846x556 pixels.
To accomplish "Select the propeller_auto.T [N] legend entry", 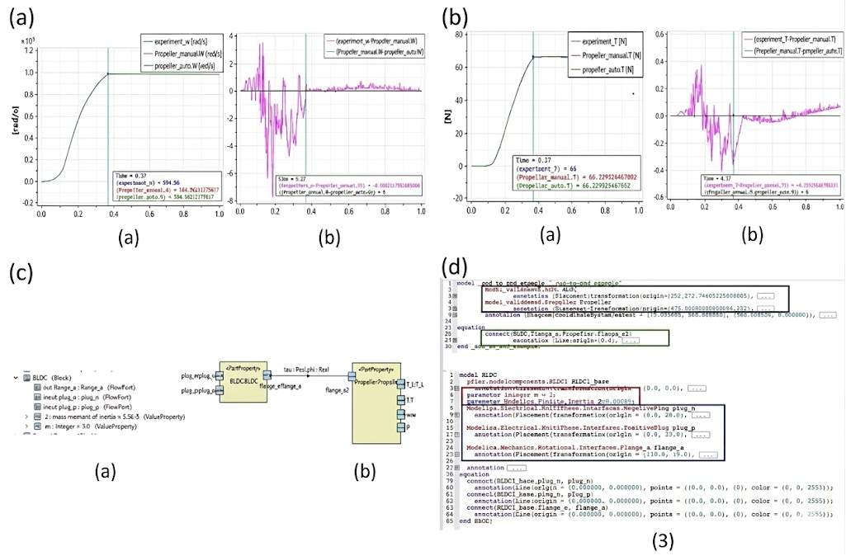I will click(599, 71).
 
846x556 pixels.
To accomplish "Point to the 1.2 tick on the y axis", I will click(29, 50).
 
